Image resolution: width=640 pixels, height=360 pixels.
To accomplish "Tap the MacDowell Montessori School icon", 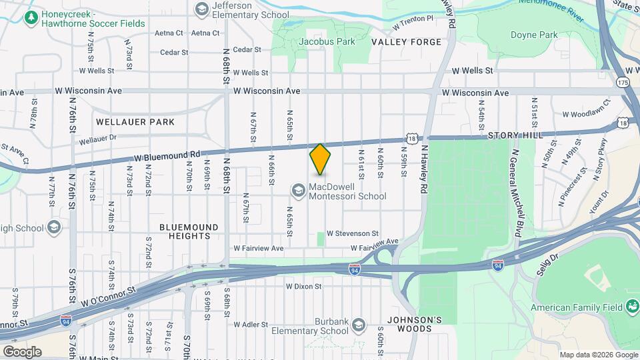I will coord(297,191).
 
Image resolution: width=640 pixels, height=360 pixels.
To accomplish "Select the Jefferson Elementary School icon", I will coord(201,9).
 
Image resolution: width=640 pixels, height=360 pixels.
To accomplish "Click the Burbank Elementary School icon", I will coord(359,325).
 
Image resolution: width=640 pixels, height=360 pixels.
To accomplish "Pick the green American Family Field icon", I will coord(632,307).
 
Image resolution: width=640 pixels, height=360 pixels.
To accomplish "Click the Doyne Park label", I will coord(533,35).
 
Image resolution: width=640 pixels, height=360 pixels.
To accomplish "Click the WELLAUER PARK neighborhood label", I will coord(135,122).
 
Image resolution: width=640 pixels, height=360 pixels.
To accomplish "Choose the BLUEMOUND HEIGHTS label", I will coord(189,231).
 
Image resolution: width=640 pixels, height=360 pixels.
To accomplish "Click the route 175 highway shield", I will coord(623,82).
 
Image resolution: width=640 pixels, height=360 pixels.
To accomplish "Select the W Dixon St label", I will coord(304,287).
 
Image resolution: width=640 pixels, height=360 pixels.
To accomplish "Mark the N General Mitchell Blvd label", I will coord(515,193).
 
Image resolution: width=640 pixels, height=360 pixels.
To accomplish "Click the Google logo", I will coord(22,351).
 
